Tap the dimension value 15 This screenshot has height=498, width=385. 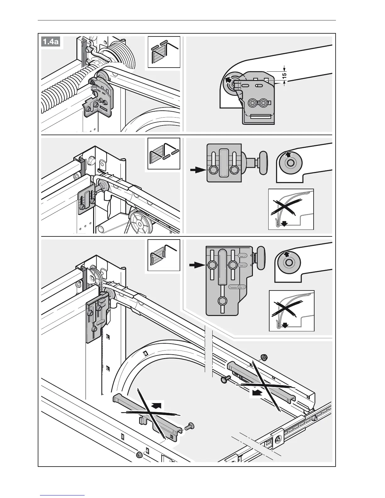tap(284, 75)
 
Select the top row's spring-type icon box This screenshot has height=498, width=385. tap(164, 52)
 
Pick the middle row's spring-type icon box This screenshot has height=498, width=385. tap(164, 153)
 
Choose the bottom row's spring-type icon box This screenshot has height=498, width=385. tap(164, 255)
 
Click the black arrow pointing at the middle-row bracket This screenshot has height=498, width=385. tap(197, 170)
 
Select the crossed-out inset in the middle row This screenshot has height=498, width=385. tap(291, 209)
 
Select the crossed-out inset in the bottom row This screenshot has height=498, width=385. tap(292, 311)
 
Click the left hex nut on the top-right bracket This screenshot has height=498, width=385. tap(253, 103)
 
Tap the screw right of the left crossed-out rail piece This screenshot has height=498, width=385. tap(190, 426)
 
